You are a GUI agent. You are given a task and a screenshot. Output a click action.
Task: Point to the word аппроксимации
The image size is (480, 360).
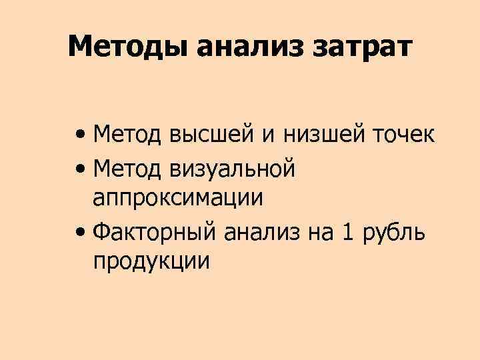[178, 199]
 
